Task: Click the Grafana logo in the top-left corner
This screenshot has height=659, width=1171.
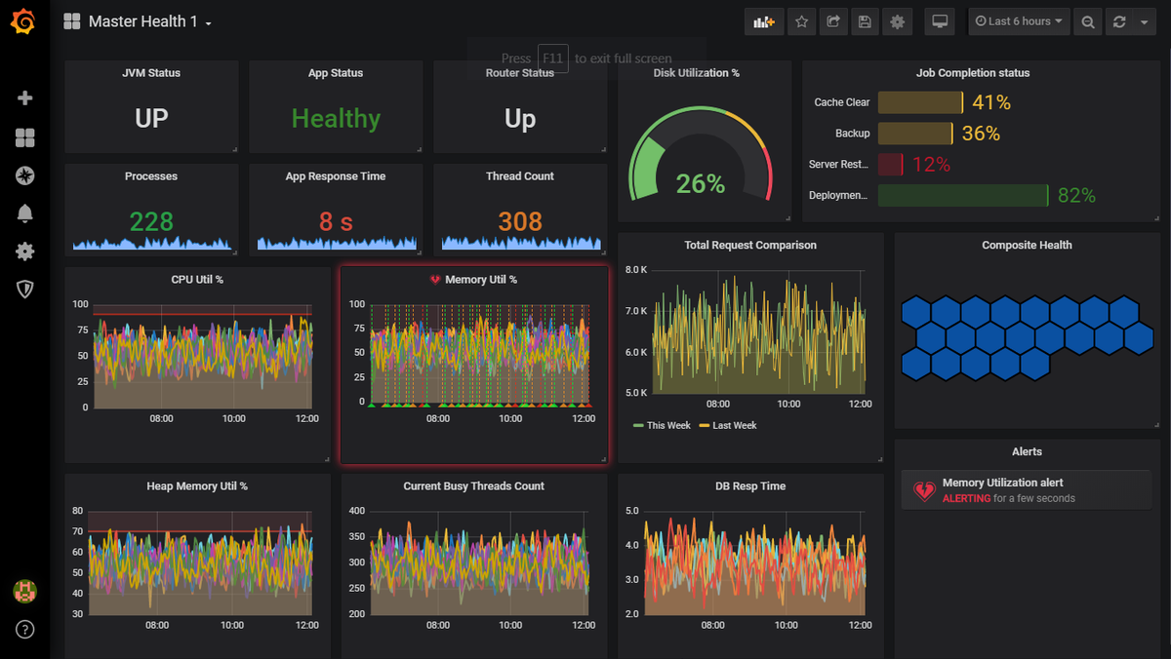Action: (x=24, y=21)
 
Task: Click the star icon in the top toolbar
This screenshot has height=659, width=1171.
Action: (x=801, y=21)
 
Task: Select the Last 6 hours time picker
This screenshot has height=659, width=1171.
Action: (x=1019, y=21)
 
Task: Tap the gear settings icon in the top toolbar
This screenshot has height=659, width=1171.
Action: (x=897, y=21)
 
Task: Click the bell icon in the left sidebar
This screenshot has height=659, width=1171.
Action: (x=25, y=213)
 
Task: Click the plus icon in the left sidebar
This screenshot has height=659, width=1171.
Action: (x=25, y=98)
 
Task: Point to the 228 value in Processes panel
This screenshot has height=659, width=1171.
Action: (x=151, y=222)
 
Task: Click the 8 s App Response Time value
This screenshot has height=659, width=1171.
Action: (x=336, y=222)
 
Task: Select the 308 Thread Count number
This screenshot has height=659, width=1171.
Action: (x=520, y=222)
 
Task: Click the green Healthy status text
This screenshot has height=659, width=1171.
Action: (x=336, y=119)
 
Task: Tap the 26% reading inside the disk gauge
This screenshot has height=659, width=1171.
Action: (x=701, y=183)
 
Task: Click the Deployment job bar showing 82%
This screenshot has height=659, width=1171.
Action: (x=962, y=196)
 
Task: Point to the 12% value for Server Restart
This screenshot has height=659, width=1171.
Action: (x=931, y=165)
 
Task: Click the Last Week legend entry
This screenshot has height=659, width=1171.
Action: (x=732, y=426)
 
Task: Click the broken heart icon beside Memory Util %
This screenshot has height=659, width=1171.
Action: (x=435, y=280)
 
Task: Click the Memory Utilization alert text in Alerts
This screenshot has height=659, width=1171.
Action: (x=1002, y=483)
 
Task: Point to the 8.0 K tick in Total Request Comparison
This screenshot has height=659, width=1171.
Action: (x=636, y=270)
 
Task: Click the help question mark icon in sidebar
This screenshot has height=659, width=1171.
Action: (x=25, y=629)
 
